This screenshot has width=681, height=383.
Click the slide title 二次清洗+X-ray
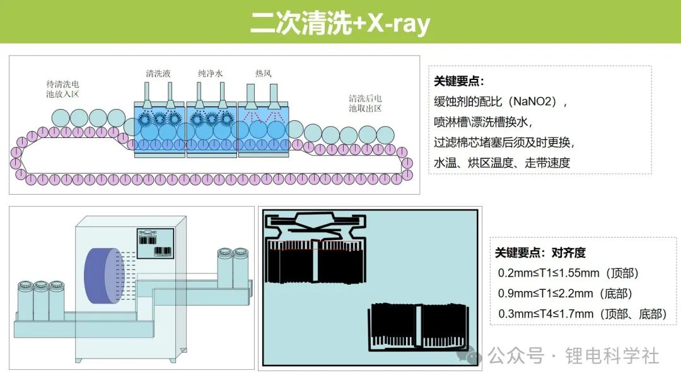tap(340, 23)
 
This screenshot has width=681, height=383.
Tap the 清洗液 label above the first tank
tap(158, 73)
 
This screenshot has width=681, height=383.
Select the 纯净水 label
tap(210, 73)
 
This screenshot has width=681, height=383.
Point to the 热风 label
tap(263, 73)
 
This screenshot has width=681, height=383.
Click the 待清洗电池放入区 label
tap(62, 89)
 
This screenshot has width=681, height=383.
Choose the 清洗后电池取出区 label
tap(365, 103)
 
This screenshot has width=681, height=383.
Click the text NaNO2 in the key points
tap(533, 101)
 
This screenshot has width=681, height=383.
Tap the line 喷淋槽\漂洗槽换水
tap(483, 122)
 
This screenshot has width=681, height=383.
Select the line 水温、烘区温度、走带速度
tap(502, 163)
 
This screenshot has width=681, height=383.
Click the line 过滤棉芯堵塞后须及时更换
tap(504, 142)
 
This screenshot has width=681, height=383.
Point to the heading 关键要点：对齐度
tap(540, 253)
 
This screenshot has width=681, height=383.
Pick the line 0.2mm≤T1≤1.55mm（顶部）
tap(568, 273)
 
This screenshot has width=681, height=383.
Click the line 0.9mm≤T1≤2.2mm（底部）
tap(565, 294)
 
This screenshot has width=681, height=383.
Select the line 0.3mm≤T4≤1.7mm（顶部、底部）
tap(583, 314)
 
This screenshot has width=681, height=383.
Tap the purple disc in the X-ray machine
tap(104, 276)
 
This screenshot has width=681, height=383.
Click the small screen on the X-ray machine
tap(155, 243)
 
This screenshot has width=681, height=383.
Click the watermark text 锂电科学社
tap(612, 356)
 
